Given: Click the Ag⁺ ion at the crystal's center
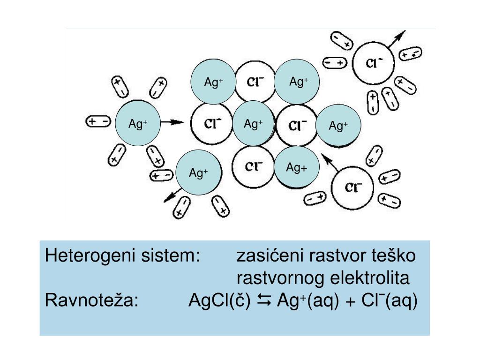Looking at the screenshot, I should (x=253, y=124).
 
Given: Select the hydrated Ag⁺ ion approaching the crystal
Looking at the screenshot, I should (x=138, y=124).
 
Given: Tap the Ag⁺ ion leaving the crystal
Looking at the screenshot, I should (x=198, y=173).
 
